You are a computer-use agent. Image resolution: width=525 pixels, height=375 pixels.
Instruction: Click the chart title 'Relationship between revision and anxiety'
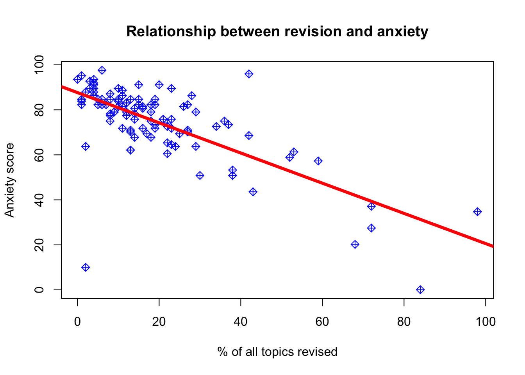click(277, 31)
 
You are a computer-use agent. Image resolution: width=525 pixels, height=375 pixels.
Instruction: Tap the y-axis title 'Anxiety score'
click(9, 180)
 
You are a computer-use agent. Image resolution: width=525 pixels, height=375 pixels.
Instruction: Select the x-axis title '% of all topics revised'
click(277, 352)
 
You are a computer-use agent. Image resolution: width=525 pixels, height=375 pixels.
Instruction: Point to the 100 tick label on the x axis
click(486, 321)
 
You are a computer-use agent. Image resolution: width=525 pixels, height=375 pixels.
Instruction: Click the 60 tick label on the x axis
click(322, 321)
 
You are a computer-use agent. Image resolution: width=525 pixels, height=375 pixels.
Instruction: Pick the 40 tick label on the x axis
click(241, 321)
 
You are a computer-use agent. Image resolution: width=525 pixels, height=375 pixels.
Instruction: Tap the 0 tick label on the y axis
click(39, 290)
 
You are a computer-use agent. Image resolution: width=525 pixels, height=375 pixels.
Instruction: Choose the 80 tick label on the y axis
click(39, 110)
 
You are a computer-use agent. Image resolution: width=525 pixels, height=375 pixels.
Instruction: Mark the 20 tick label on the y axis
click(39, 245)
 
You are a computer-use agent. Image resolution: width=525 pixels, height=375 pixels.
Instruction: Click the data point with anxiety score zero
click(420, 290)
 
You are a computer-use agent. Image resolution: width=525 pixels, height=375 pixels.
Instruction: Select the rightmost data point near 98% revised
click(477, 212)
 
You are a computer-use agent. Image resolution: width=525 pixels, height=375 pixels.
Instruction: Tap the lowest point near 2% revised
click(86, 267)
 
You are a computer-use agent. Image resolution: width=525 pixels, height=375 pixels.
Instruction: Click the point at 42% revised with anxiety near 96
click(249, 74)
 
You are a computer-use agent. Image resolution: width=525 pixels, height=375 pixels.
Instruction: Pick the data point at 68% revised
click(355, 245)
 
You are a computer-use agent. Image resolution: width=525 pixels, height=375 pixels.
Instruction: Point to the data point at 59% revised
click(318, 161)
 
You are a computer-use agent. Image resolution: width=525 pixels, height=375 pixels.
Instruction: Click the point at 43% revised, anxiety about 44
click(253, 192)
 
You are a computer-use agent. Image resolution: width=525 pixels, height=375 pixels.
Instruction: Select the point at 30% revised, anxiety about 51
click(200, 175)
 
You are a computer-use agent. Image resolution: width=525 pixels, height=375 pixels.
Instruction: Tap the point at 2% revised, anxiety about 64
click(86, 146)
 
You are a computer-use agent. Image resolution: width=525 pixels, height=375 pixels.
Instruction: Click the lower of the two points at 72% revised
click(371, 228)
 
